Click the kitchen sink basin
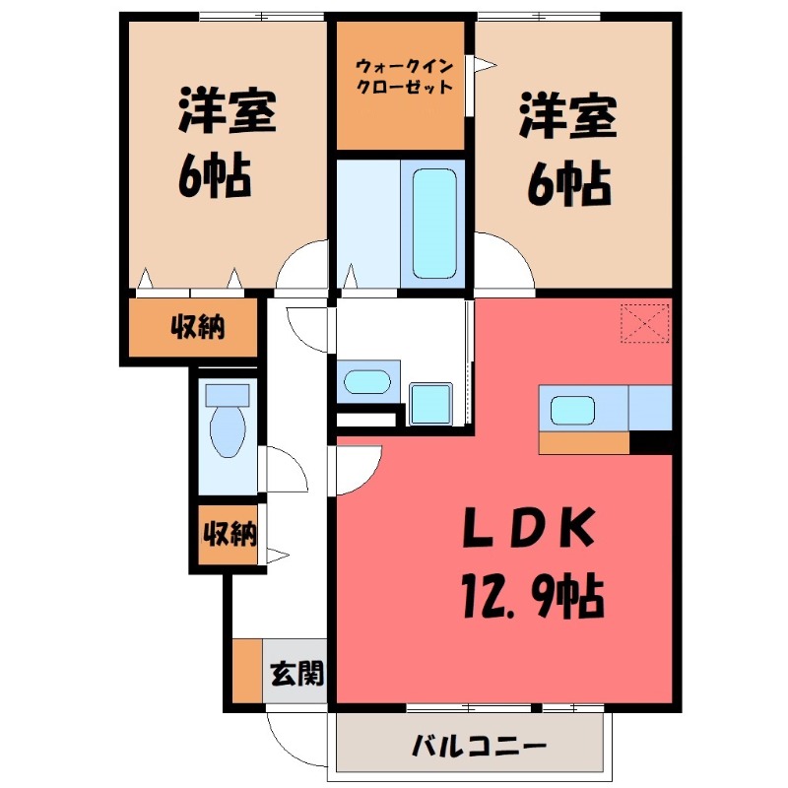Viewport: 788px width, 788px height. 571,409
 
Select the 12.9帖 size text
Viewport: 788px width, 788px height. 530,593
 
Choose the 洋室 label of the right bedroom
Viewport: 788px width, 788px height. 568,119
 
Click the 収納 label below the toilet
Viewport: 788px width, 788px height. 230,535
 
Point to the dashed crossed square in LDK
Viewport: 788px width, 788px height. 645,324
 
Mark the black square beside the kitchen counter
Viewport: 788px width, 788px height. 650,443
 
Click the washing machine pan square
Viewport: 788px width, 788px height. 429,404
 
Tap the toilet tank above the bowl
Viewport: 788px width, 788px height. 228,396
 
